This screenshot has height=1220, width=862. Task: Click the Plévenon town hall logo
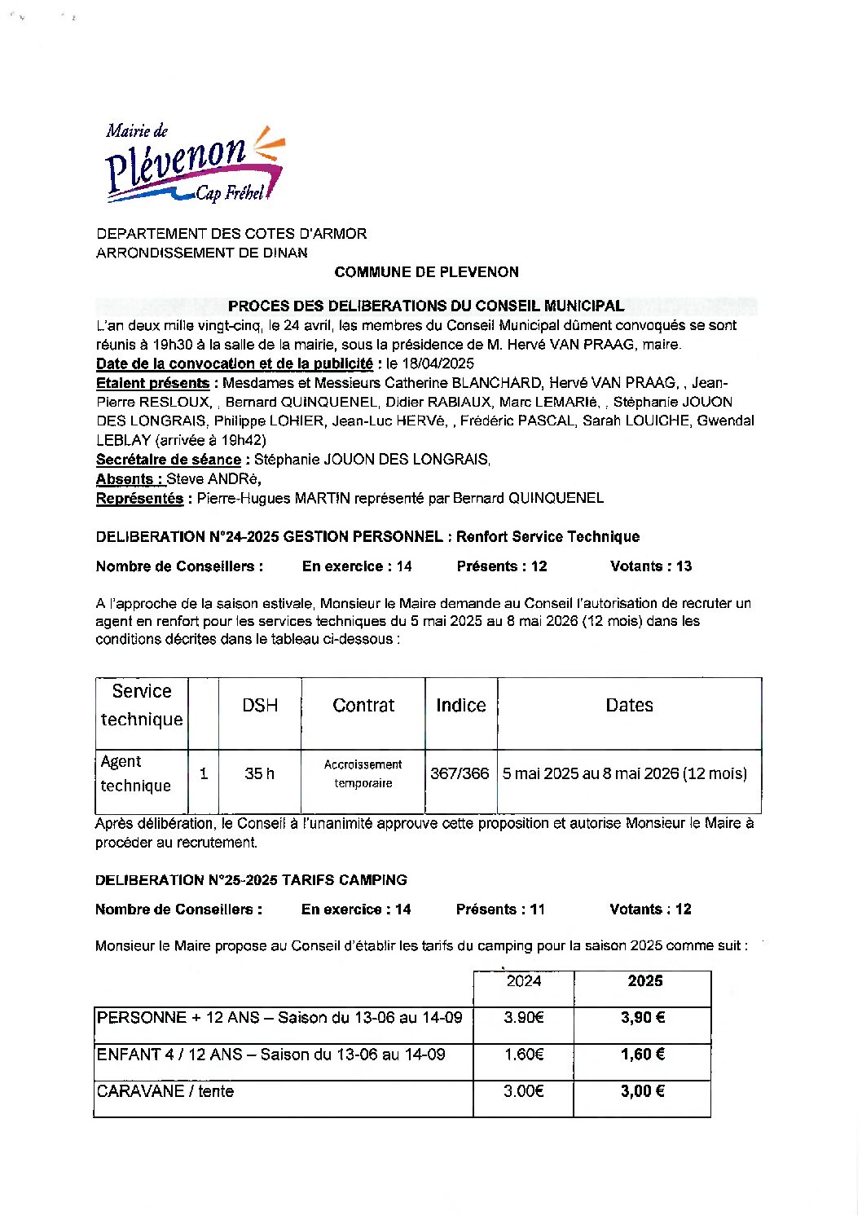(x=194, y=165)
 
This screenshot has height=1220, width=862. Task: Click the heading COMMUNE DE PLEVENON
(x=426, y=272)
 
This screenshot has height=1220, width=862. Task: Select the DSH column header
(x=260, y=706)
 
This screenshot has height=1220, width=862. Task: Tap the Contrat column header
(x=363, y=706)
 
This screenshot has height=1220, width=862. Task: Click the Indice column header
(x=460, y=706)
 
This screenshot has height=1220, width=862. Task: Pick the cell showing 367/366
(x=460, y=773)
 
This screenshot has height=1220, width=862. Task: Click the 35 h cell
(x=260, y=773)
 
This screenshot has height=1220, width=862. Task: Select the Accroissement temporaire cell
(x=363, y=773)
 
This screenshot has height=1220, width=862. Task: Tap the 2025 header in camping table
(x=644, y=981)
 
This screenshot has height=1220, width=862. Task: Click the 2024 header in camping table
(x=523, y=981)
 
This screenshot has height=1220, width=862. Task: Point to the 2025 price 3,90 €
(x=643, y=1018)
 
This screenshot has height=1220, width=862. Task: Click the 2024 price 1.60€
(x=523, y=1055)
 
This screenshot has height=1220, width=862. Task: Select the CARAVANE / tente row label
(x=165, y=1091)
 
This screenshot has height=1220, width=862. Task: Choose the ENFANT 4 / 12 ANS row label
(x=270, y=1055)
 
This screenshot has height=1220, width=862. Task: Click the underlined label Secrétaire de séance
(x=169, y=460)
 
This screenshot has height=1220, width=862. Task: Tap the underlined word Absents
(x=125, y=479)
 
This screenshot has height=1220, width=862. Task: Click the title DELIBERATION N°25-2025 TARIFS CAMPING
(x=251, y=880)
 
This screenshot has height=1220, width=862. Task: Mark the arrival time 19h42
(x=237, y=440)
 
